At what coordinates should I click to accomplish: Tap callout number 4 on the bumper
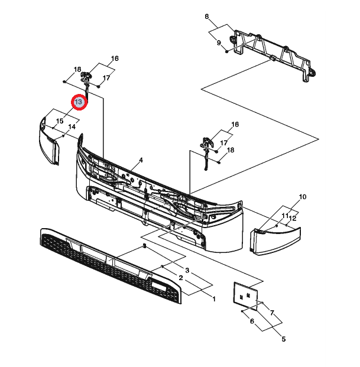pos(141,160)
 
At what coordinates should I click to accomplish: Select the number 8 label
pos(207,16)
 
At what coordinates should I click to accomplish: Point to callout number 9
pos(219,43)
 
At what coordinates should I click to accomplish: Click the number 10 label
pos(302,197)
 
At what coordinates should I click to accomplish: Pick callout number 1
pos(214,298)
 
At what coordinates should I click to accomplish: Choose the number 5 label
pos(283,339)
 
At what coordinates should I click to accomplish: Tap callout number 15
pos(60,121)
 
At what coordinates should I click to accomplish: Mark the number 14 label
pos(72,126)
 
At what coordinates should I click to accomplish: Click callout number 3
pos(187,270)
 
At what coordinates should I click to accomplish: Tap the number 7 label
pos(272,312)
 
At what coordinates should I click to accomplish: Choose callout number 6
pos(251,321)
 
